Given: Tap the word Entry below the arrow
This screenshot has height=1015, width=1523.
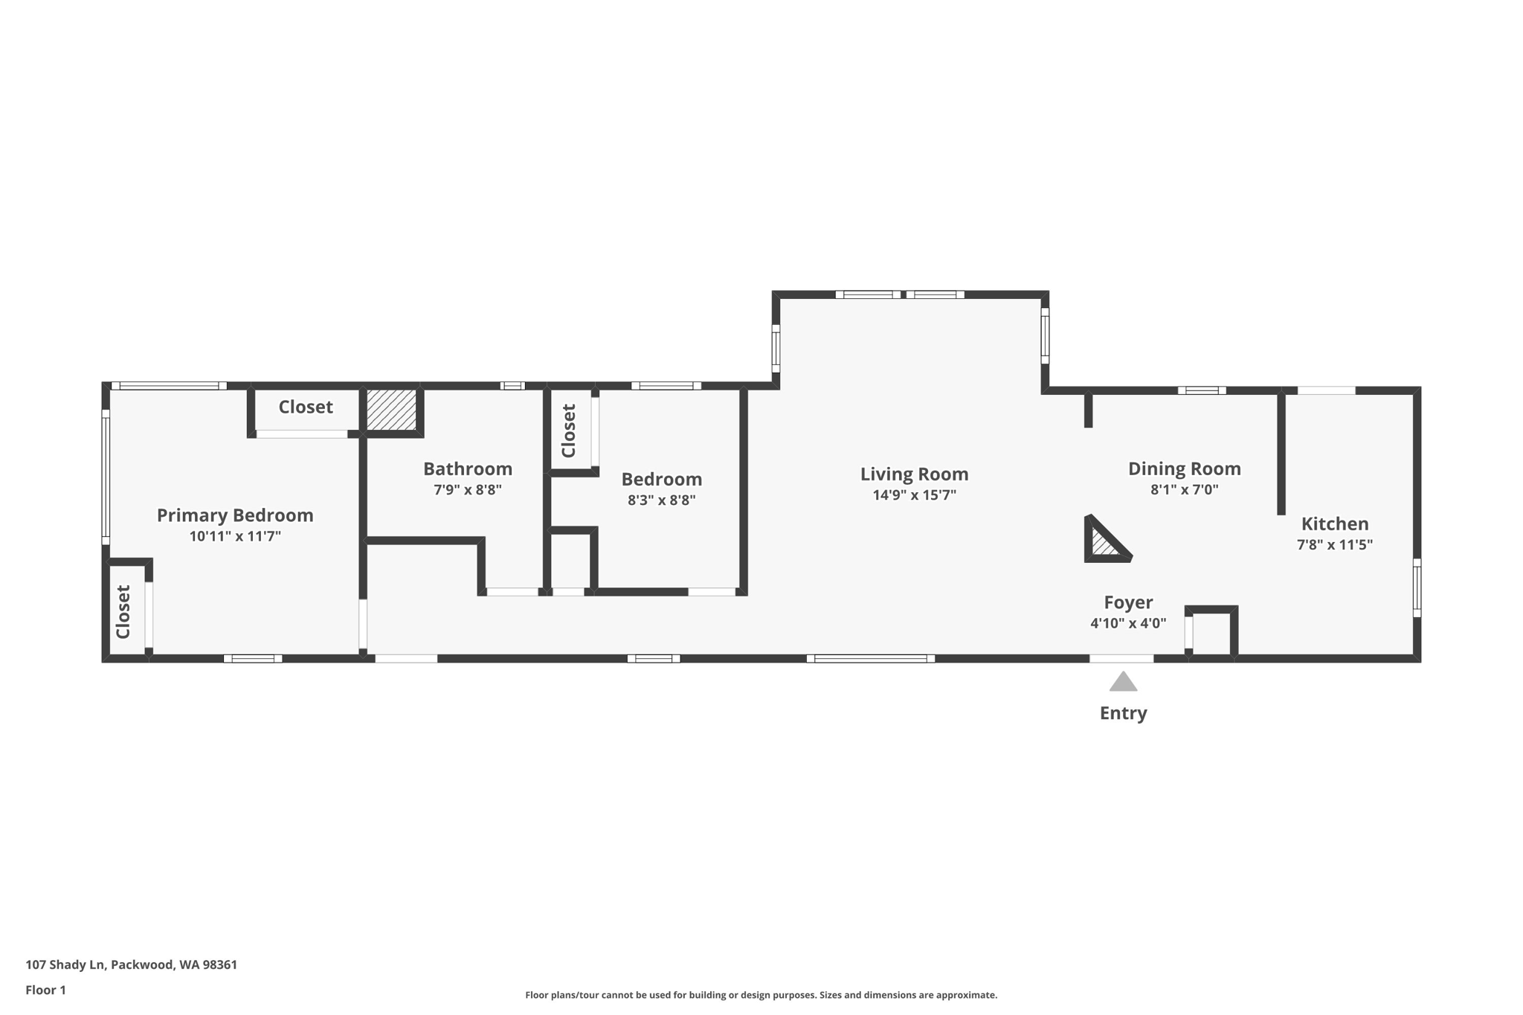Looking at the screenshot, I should (x=1123, y=713).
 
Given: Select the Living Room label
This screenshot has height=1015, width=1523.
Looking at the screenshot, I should (x=914, y=474).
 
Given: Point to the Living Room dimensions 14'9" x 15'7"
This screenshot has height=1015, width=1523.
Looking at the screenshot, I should (x=914, y=495).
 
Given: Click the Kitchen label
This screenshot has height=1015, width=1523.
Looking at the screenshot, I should (x=1334, y=523).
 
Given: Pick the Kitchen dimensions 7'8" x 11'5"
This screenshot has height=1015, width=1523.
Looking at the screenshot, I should (x=1334, y=544).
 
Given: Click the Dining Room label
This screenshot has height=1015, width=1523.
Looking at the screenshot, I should (x=1184, y=469).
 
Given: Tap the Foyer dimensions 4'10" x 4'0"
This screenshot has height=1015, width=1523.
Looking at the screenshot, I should (x=1127, y=624).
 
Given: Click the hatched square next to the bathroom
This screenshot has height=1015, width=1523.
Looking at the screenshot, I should (x=391, y=410).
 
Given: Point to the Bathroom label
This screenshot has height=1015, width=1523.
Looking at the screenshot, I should (x=468, y=469).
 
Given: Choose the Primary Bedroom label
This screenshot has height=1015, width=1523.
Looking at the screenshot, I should (x=235, y=515).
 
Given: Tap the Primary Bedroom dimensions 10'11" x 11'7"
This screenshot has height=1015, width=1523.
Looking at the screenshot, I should (x=235, y=536).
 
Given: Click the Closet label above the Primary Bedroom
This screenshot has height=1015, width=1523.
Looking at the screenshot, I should (x=306, y=407).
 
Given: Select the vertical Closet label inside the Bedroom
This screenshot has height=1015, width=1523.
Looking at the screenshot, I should (x=569, y=431).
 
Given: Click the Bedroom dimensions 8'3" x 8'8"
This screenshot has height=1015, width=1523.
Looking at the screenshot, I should (x=661, y=500).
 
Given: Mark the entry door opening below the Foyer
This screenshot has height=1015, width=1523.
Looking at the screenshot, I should (x=1121, y=659).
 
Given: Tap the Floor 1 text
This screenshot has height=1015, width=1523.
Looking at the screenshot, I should (x=46, y=990).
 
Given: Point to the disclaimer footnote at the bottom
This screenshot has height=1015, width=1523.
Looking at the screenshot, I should (x=761, y=995).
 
